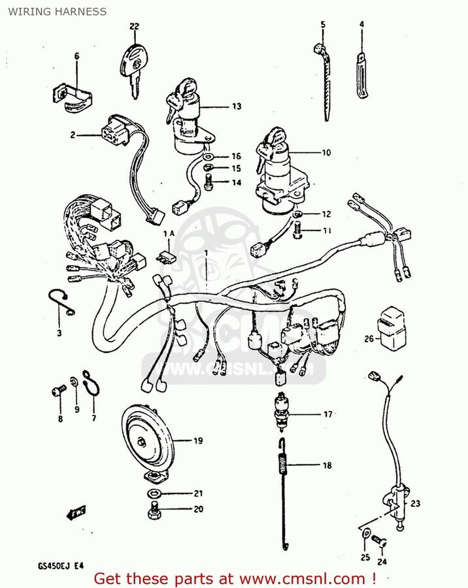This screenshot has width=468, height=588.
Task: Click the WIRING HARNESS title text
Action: coord(58,12)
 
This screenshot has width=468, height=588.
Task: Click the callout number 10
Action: coord(325,153)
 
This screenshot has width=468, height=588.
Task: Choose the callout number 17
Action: coord(327,414)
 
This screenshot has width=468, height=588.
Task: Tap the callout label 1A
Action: coord(168,233)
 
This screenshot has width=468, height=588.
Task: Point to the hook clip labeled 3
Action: coord(59,301)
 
